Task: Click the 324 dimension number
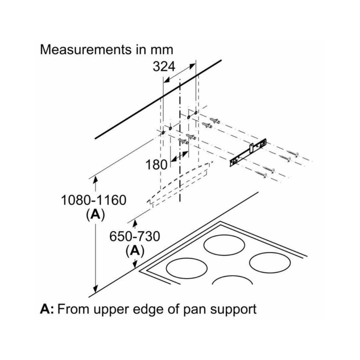[164, 67]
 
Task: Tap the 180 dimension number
[156, 164]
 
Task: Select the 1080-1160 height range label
[93, 200]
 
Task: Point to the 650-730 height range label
[135, 236]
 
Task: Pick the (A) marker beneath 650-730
[135, 251]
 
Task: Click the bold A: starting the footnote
[47, 309]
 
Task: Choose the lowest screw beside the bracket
[261, 174]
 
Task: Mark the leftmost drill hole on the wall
[163, 133]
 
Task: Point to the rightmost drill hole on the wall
[196, 113]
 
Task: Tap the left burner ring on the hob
[184, 268]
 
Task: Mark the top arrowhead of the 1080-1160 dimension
[96, 178]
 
